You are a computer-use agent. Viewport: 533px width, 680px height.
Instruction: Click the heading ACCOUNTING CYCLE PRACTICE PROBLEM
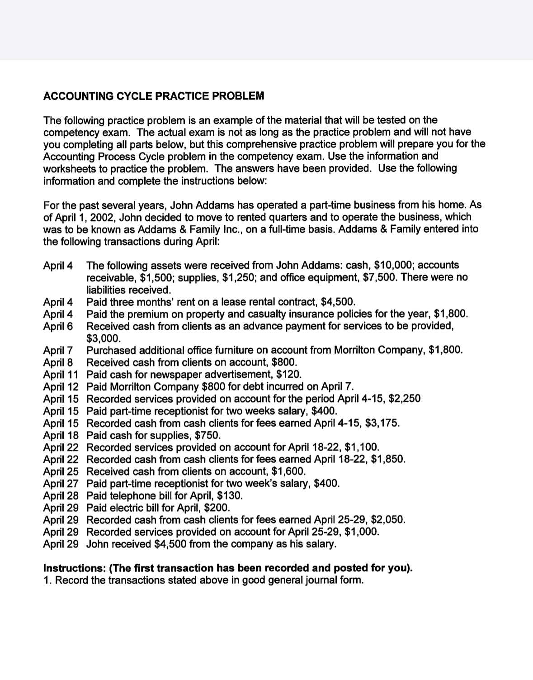pyautogui.click(x=153, y=96)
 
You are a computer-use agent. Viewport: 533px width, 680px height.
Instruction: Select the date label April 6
pyautogui.click(x=58, y=326)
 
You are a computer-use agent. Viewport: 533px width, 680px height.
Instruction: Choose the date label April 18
pyautogui.click(x=61, y=436)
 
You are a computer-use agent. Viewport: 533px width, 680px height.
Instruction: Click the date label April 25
pyautogui.click(x=61, y=472)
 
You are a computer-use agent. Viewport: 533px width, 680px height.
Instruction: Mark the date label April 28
pyautogui.click(x=61, y=496)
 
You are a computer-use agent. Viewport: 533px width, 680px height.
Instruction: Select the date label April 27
pyautogui.click(x=61, y=484)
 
